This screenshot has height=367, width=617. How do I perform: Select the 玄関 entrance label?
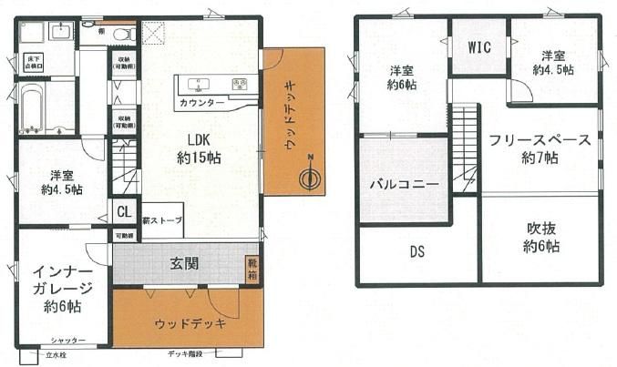pyautogui.click(x=180, y=264)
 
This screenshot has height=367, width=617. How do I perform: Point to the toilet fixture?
pyautogui.click(x=124, y=35)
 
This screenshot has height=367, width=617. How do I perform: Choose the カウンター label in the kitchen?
pyautogui.click(x=201, y=104)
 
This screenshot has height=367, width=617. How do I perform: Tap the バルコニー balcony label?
pyautogui.click(x=404, y=184)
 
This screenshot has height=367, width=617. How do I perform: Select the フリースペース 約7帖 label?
pyautogui.click(x=539, y=148)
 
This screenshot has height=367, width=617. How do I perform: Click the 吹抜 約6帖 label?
pyautogui.click(x=540, y=237)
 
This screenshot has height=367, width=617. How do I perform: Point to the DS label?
pyautogui.click(x=417, y=251)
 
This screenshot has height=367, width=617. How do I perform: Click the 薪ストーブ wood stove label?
pyautogui.click(x=163, y=219)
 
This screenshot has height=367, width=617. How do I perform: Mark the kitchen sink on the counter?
pyautogui.click(x=196, y=85)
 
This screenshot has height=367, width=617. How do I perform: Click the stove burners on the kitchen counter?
pyautogui.click(x=238, y=85)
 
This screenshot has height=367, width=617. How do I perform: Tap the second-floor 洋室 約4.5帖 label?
pyautogui.click(x=555, y=62)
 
